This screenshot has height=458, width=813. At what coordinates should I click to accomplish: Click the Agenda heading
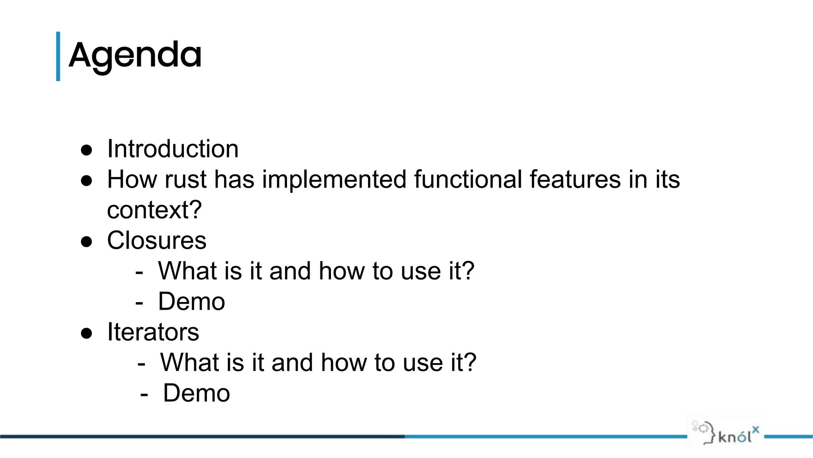point(135,56)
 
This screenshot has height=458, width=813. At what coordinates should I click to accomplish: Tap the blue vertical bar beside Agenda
point(58,56)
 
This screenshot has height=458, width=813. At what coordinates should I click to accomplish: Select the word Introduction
point(173,149)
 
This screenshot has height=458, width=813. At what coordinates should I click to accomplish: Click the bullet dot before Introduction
point(87,150)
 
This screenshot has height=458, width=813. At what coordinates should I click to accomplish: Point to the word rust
point(185,180)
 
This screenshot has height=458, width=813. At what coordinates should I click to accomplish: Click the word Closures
point(157,241)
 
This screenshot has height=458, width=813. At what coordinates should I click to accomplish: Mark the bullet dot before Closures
point(87,242)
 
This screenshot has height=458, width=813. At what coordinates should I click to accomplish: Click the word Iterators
point(153,332)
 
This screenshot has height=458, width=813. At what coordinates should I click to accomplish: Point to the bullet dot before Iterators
point(87,333)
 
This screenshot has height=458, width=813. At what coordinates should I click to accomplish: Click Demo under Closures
point(191,302)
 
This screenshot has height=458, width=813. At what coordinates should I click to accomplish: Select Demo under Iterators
point(197,394)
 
